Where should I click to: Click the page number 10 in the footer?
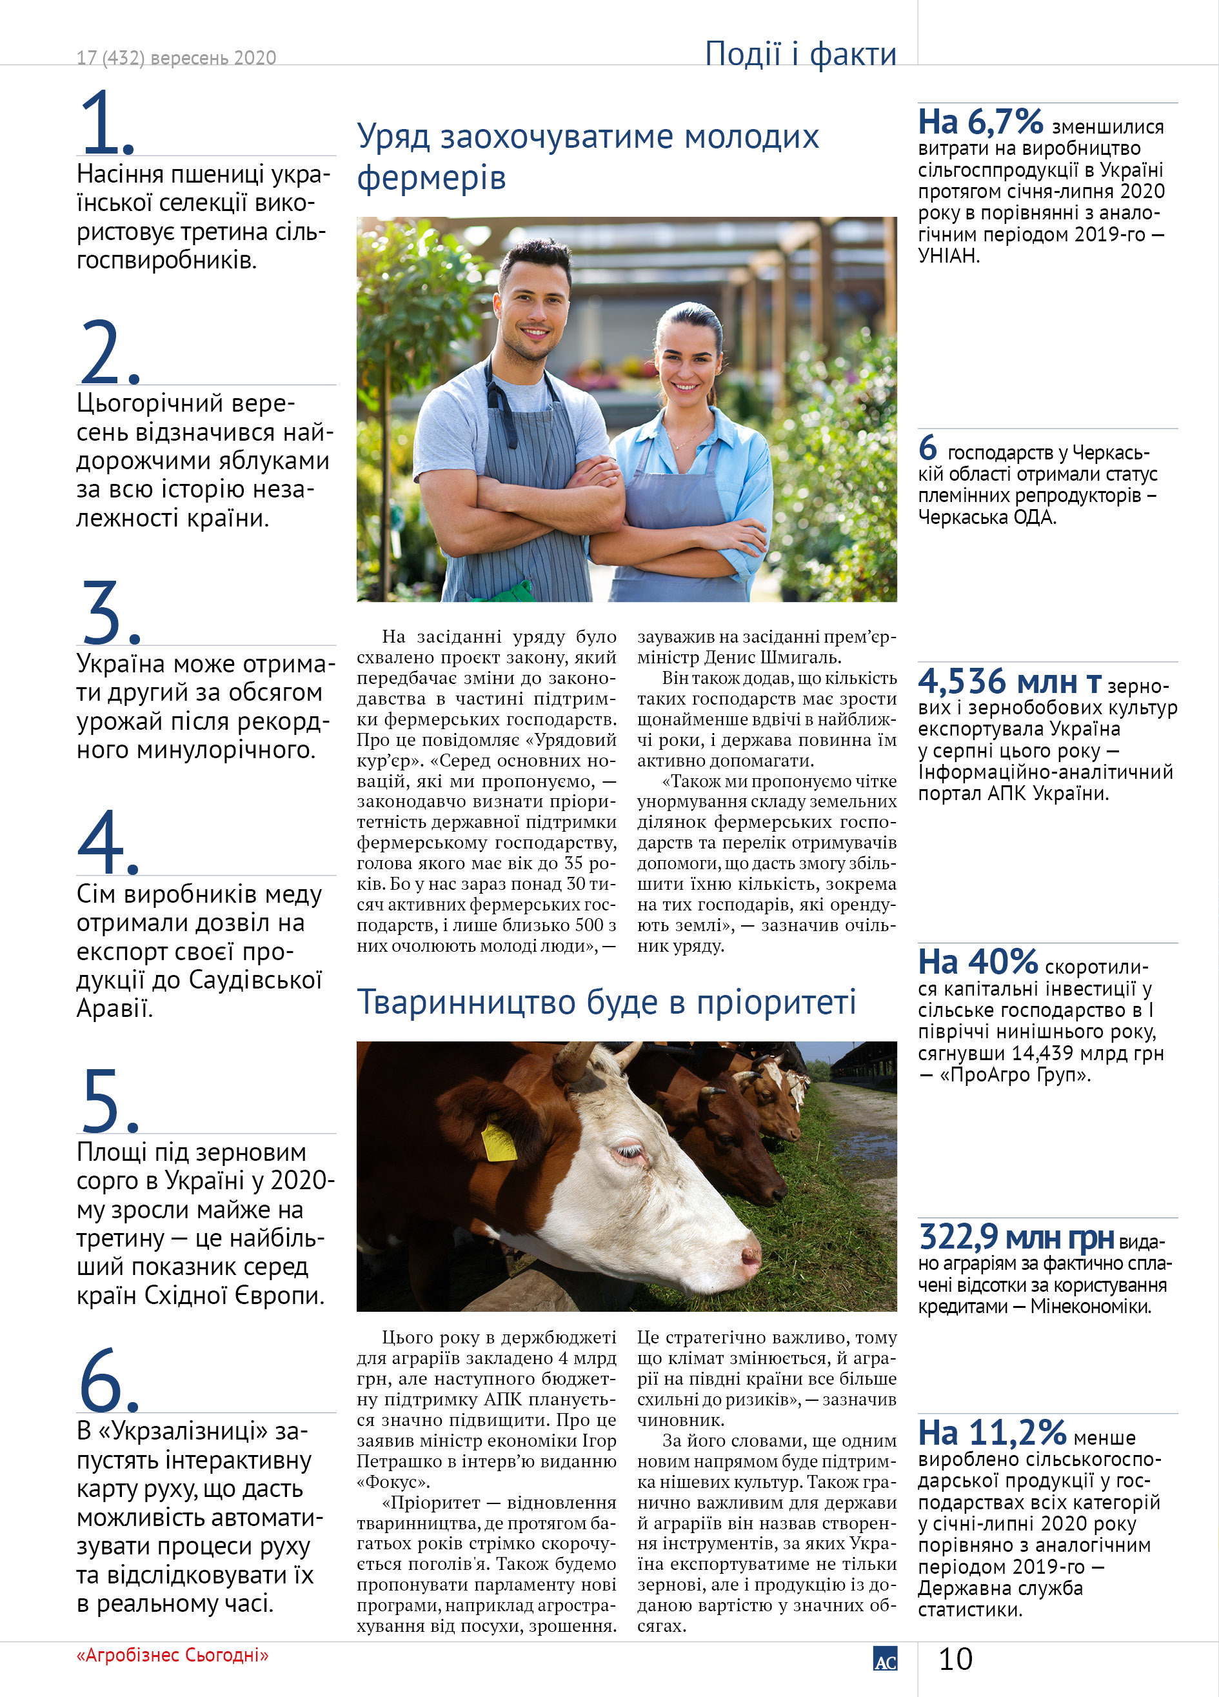pyautogui.click(x=955, y=1659)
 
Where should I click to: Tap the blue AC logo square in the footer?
pyautogui.click(x=885, y=1658)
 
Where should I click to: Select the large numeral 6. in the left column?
pyautogui.click(x=108, y=1380)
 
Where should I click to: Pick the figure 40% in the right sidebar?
pyautogui.click(x=1002, y=961)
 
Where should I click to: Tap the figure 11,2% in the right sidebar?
pyautogui.click(x=1017, y=1433)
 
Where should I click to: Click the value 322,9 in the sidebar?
pyautogui.click(x=958, y=1237)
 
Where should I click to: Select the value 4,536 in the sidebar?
pyautogui.click(x=962, y=681)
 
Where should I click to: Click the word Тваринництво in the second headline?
pyautogui.click(x=465, y=1003)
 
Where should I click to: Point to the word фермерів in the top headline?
pyautogui.click(x=431, y=178)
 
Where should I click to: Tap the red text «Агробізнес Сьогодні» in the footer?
pyautogui.click(x=172, y=1655)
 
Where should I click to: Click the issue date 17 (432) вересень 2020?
pyautogui.click(x=177, y=57)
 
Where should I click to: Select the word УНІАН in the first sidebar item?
pyautogui.click(x=948, y=256)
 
